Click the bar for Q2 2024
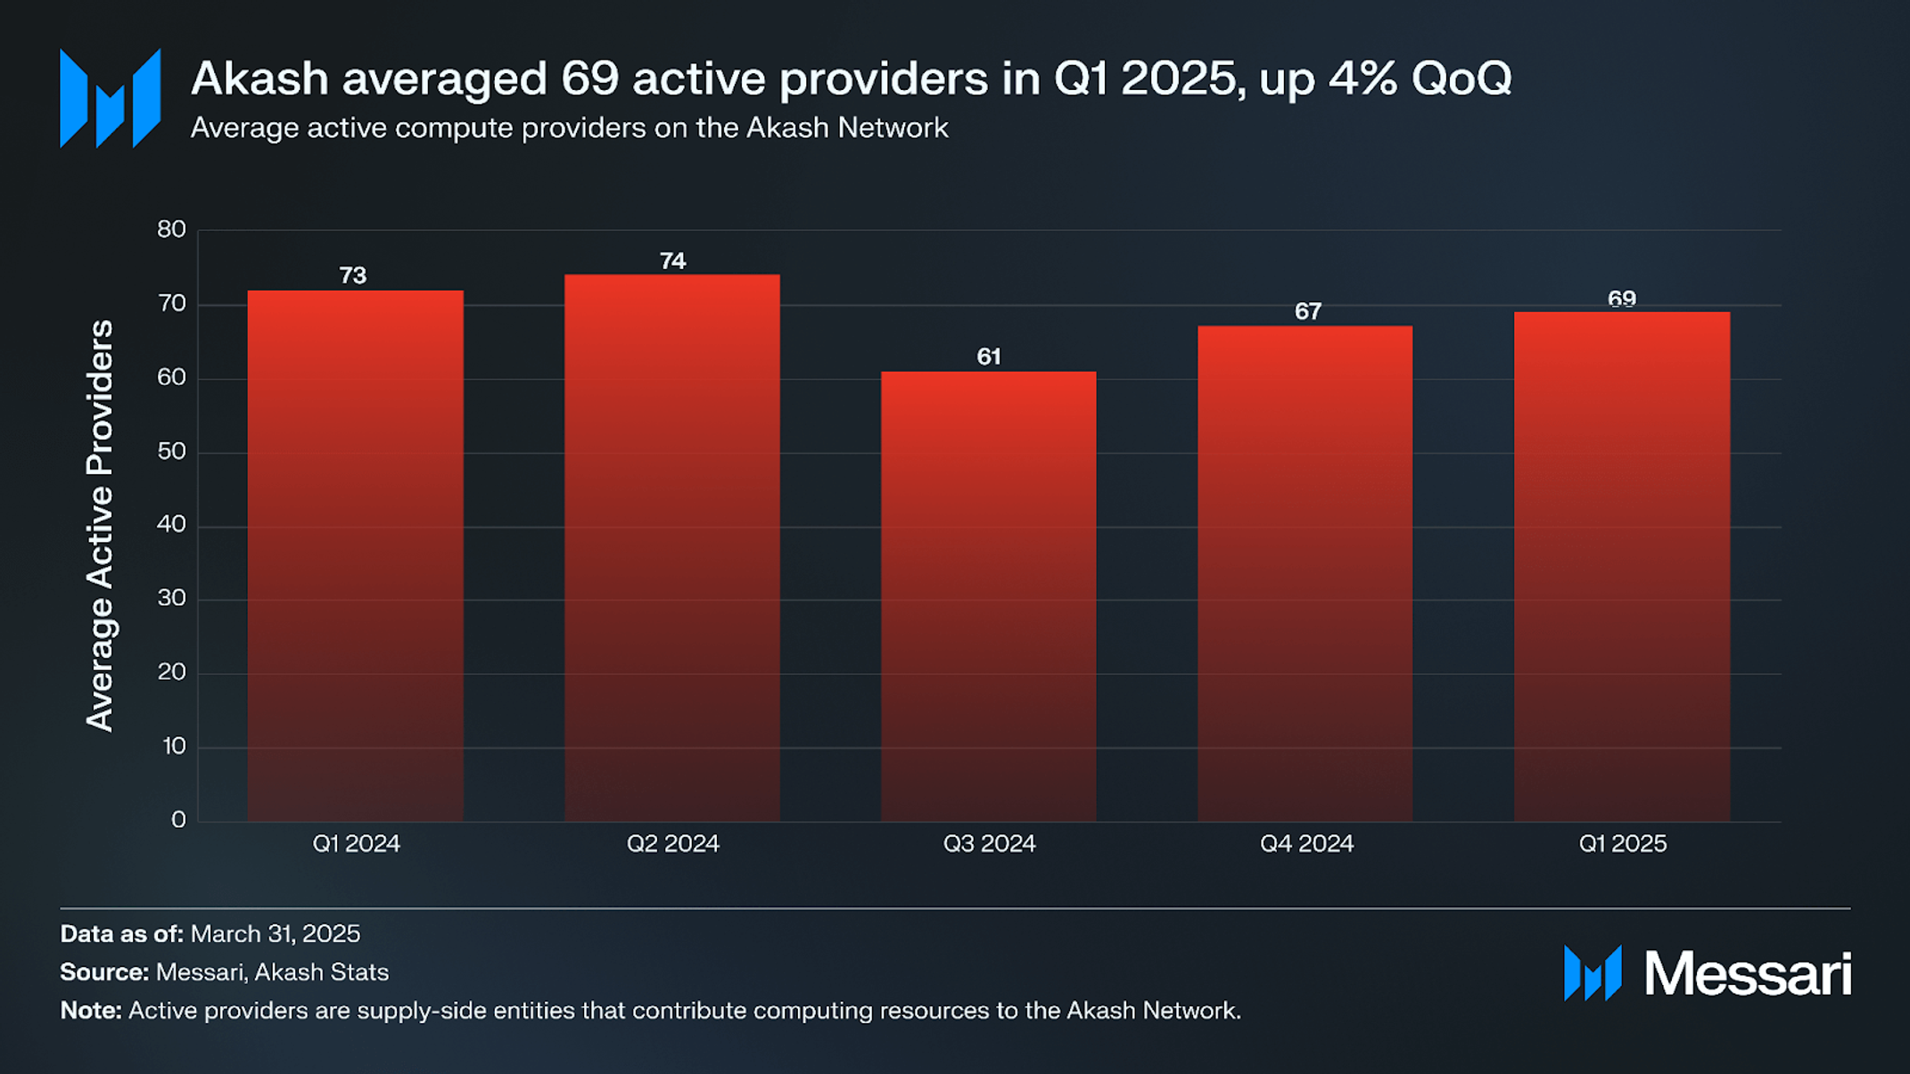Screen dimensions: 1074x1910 click(671, 547)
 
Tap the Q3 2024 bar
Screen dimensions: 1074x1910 click(988, 596)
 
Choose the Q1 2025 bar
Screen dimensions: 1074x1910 click(1621, 566)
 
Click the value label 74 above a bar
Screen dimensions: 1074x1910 click(672, 261)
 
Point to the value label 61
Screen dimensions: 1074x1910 click(988, 357)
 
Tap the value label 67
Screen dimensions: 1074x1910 click(1307, 312)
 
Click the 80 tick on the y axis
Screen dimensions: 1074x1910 click(171, 230)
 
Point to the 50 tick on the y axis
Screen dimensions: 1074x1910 click(171, 452)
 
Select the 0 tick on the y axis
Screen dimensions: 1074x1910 click(178, 820)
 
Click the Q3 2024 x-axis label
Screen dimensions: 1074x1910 click(989, 844)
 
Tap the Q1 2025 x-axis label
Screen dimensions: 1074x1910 click(1622, 844)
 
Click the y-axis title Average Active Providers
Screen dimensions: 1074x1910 click(100, 526)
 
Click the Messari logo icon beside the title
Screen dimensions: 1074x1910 click(110, 98)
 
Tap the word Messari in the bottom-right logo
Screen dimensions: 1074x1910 click(1747, 974)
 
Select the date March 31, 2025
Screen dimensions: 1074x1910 click(276, 934)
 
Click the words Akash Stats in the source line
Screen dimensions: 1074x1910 click(322, 972)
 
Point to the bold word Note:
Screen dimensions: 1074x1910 click(91, 1011)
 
